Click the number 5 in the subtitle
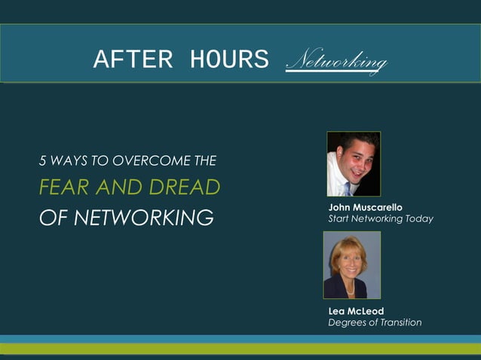pyautogui.click(x=42, y=160)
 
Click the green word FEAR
pyautogui.click(x=61, y=187)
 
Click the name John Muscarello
pyautogui.click(x=366, y=207)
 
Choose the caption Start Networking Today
pyautogui.click(x=381, y=218)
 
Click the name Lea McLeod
pyautogui.click(x=356, y=311)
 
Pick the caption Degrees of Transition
pyautogui.click(x=375, y=322)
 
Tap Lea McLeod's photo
pyautogui.click(x=351, y=264)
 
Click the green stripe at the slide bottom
pyautogui.click(x=240, y=349)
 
